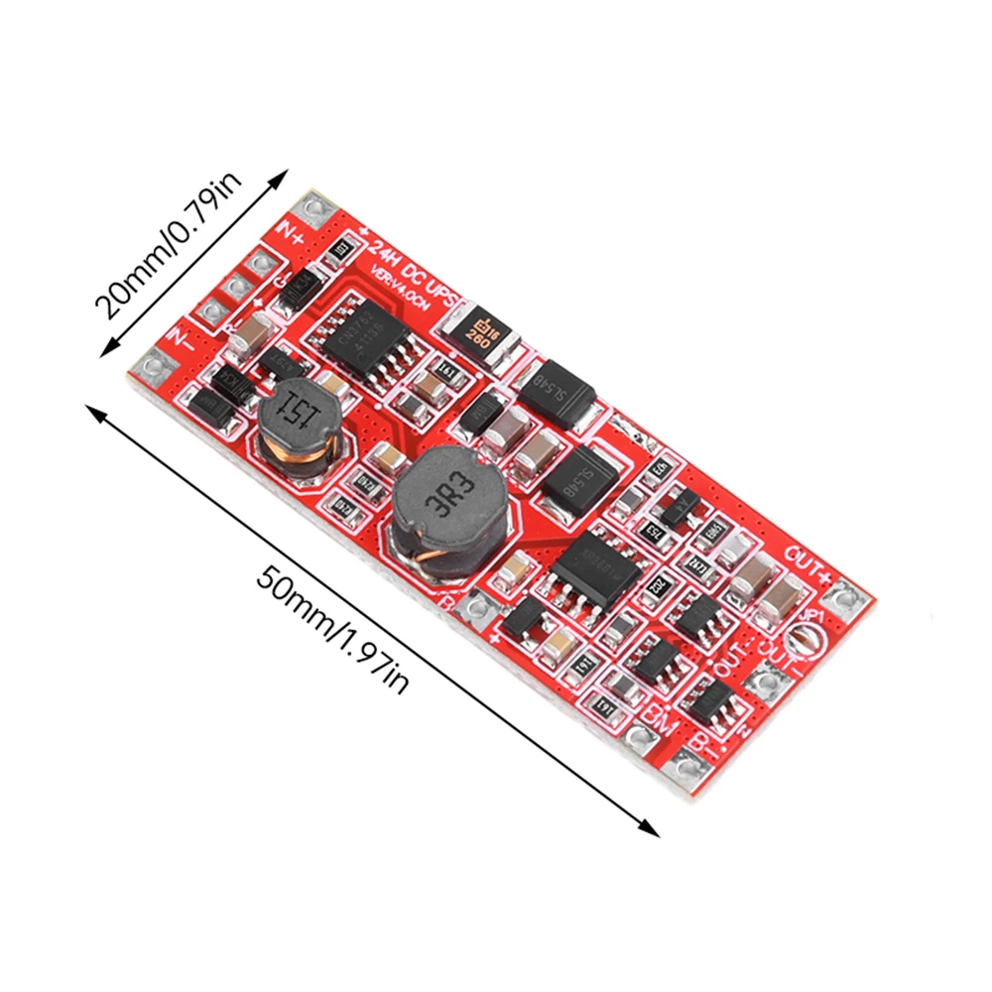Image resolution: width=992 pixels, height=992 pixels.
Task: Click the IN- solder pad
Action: [x=151, y=370]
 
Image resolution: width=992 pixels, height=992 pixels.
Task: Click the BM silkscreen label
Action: [x=660, y=715]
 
